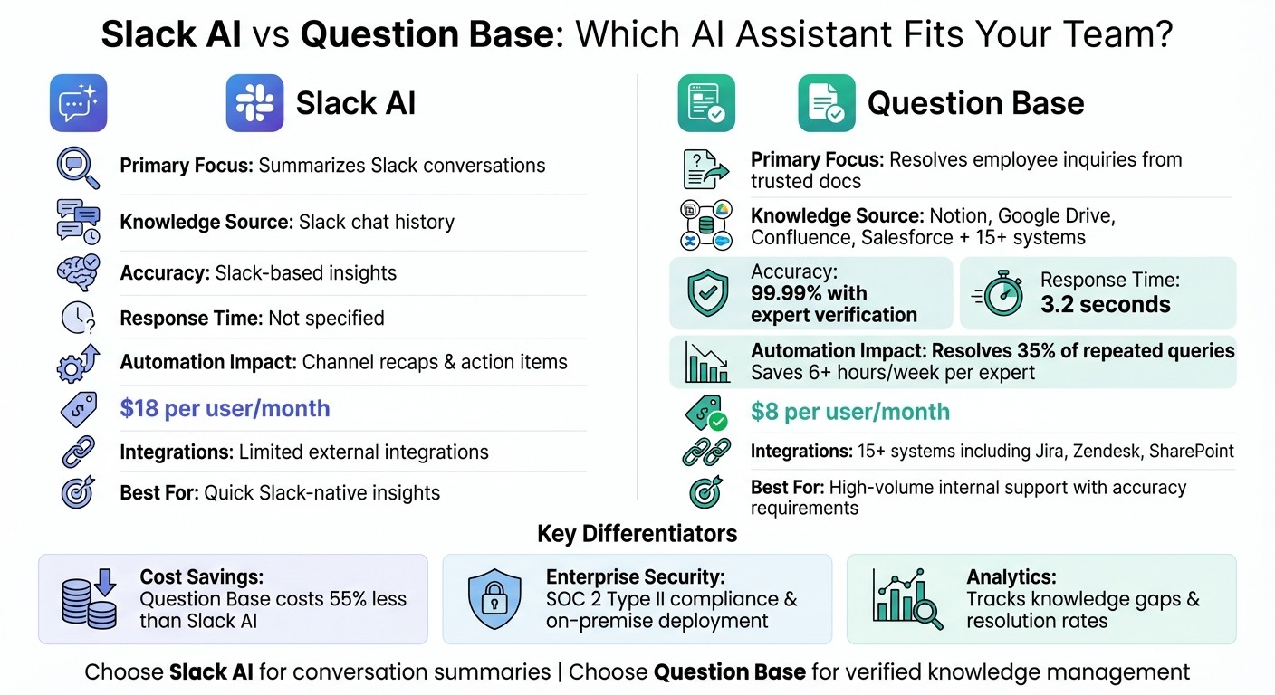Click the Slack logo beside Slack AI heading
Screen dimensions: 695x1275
point(254,103)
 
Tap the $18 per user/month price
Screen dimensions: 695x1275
point(225,408)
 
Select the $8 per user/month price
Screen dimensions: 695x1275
point(850,412)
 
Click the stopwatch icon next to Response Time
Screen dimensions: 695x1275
point(999,294)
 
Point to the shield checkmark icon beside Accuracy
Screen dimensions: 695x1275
point(708,293)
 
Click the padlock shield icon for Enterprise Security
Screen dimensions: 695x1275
point(494,598)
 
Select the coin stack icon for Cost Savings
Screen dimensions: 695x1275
point(91,598)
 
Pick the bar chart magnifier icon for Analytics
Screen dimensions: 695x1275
point(906,598)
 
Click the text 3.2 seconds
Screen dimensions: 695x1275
point(1105,305)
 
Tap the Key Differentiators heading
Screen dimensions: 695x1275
point(637,533)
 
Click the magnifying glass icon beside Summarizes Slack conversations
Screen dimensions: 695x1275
point(78,167)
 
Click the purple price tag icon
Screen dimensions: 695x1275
point(78,409)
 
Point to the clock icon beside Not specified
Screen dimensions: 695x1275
point(78,318)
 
